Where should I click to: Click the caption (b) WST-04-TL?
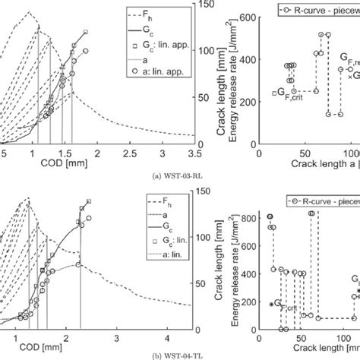(179, 354)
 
